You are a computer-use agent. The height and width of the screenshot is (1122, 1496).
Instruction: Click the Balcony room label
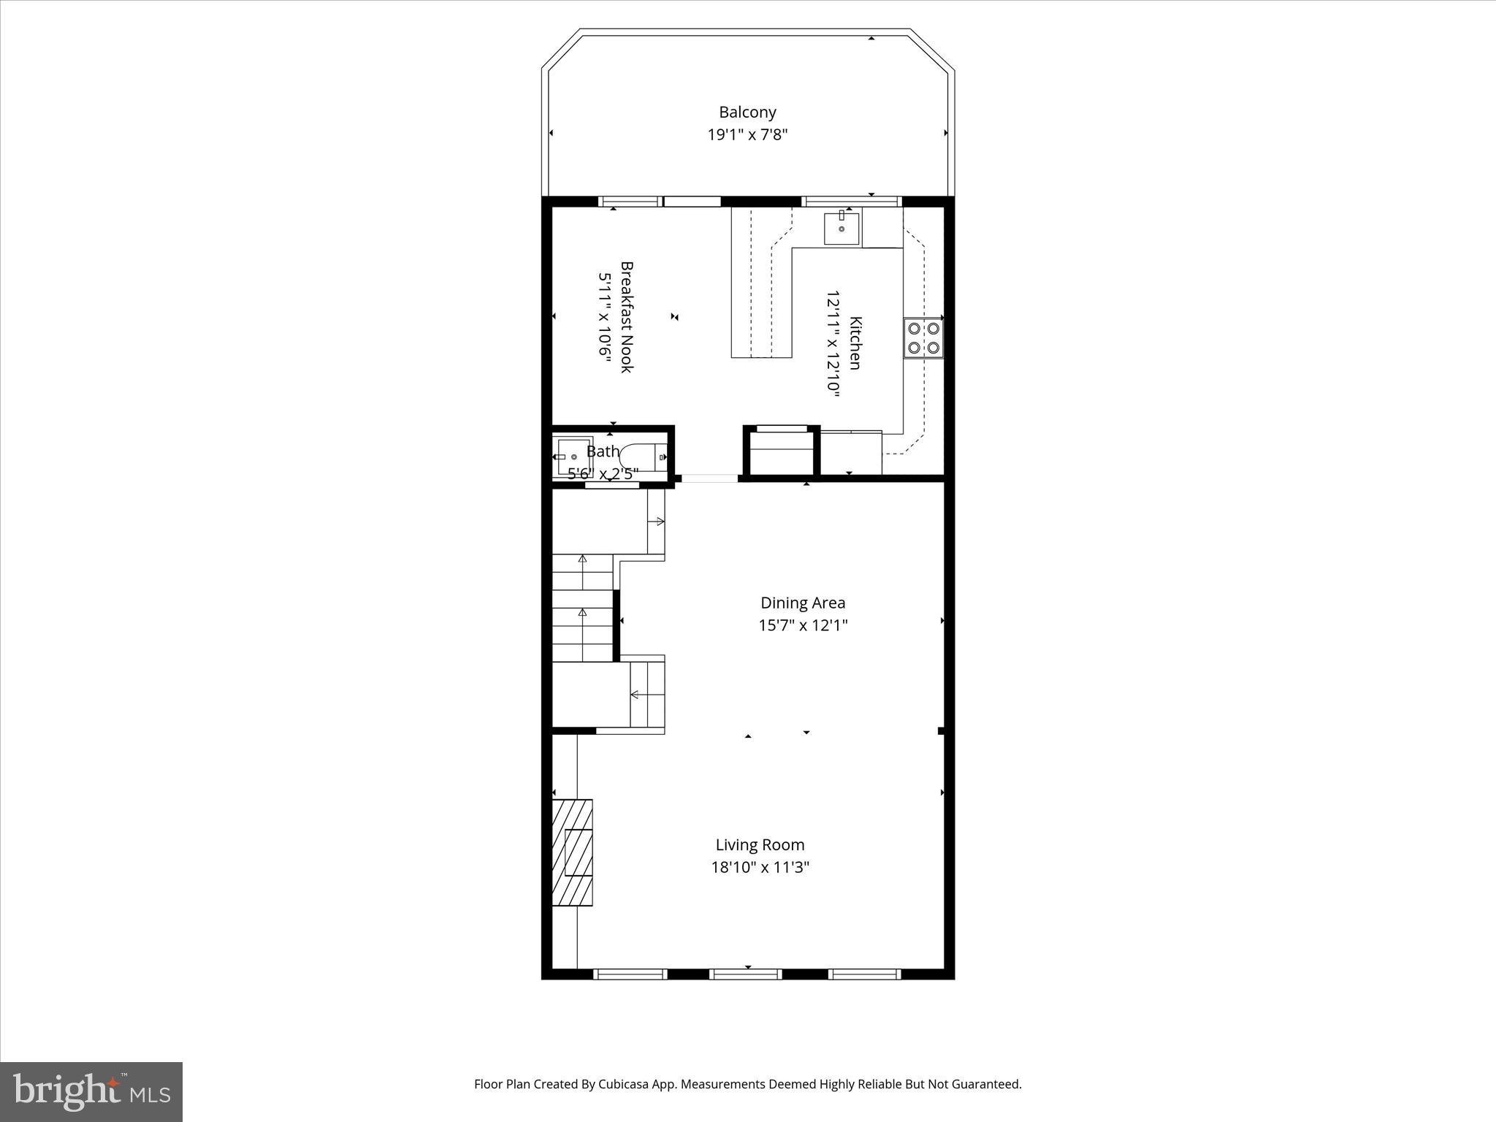(747, 112)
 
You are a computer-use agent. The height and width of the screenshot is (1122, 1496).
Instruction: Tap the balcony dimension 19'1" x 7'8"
(747, 135)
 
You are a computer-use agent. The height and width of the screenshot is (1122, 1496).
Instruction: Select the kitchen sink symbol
(841, 228)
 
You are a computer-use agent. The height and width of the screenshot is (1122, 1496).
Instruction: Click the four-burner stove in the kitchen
(923, 338)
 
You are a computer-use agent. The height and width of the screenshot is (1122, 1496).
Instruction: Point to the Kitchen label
(855, 343)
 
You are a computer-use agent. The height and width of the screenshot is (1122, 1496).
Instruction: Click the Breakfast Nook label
(627, 317)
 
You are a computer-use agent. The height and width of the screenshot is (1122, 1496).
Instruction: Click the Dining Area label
(803, 603)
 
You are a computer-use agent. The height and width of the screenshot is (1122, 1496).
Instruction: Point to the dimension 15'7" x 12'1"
(803, 625)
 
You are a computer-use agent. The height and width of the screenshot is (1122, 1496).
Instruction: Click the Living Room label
(760, 845)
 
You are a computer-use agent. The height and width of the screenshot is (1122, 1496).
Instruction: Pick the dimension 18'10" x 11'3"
(760, 868)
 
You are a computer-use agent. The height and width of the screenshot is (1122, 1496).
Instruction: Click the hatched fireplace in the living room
(572, 852)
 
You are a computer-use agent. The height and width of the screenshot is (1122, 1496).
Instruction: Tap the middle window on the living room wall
(746, 974)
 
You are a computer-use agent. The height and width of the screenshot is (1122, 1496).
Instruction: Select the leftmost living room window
(630, 974)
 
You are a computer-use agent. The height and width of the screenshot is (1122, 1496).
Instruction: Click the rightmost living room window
(864, 974)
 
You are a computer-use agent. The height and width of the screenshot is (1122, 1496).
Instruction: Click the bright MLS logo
(91, 1091)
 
